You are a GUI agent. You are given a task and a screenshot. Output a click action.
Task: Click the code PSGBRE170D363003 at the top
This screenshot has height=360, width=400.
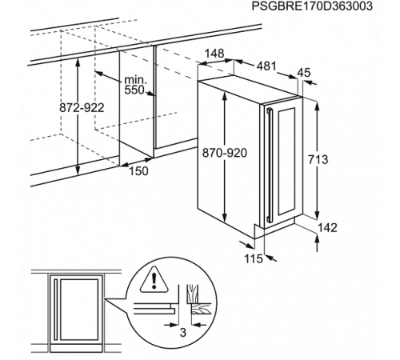tap(312, 6)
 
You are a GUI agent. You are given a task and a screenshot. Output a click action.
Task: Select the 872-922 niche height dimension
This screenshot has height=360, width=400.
tap(82, 108)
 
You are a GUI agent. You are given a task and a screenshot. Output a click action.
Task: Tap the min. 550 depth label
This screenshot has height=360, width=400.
tap(135, 85)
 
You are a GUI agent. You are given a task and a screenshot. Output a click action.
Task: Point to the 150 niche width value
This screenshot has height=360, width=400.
tap(138, 170)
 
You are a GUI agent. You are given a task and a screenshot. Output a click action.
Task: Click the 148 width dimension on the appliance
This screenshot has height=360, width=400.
tap(214, 54)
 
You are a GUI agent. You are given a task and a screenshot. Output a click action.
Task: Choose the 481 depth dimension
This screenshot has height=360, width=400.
tap(266, 66)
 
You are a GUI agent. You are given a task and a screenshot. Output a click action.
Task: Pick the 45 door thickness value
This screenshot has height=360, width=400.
tap(304, 73)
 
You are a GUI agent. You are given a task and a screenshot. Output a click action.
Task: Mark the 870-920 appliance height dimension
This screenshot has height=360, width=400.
tap(225, 153)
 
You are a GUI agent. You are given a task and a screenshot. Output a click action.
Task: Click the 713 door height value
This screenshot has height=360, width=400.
tap(318, 159)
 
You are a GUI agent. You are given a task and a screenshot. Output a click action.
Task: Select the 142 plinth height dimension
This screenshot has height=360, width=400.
tap(327, 227)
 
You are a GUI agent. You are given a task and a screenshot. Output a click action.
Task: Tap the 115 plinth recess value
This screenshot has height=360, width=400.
tap(254, 258)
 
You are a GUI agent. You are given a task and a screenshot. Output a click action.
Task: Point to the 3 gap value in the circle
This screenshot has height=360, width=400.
tap(182, 333)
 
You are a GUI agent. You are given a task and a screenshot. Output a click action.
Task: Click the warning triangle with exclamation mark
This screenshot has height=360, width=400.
tap(154, 279)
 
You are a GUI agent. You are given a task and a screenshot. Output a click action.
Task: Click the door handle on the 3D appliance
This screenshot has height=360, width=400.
tap(269, 165)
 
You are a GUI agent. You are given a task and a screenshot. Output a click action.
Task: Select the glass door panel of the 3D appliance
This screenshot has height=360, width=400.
tap(286, 162)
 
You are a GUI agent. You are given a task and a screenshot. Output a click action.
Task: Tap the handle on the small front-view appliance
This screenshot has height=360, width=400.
tap(55, 310)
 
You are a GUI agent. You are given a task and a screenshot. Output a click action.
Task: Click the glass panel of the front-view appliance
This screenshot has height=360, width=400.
tap(79, 310)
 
